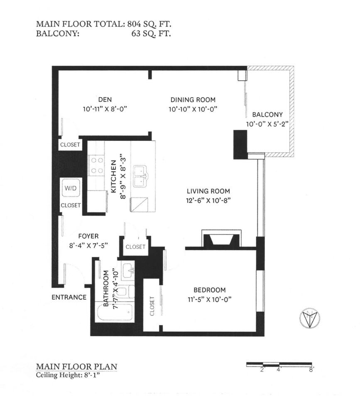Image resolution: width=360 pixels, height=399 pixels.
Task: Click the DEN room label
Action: [x=104, y=99]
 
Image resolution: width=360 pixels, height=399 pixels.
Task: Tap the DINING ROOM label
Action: [x=193, y=99]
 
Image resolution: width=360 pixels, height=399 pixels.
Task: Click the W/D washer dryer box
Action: [x=71, y=188]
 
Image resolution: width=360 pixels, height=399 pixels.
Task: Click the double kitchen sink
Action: [x=141, y=176]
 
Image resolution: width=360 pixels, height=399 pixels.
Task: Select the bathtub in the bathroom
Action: [x=115, y=312]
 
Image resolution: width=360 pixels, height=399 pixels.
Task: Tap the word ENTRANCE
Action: [x=69, y=297]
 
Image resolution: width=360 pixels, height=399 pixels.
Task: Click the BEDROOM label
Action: [x=210, y=290]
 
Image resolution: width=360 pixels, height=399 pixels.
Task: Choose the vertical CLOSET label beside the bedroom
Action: [x=152, y=306]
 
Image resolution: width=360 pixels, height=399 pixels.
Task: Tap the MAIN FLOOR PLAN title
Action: [x=76, y=367]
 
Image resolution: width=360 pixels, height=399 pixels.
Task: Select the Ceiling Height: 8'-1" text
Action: [x=69, y=375]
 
